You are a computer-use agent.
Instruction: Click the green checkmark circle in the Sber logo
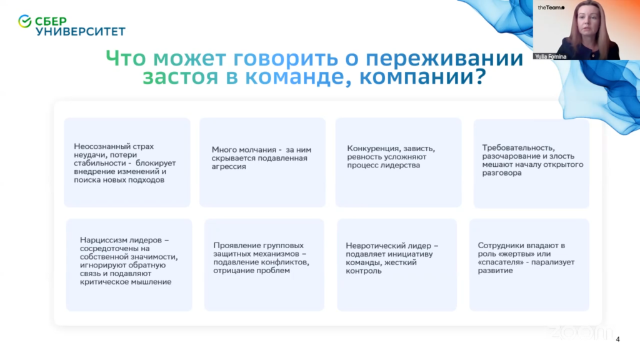(x=25, y=21)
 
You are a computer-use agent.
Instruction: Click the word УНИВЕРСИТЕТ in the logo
(x=81, y=31)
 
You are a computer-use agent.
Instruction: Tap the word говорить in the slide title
(x=286, y=58)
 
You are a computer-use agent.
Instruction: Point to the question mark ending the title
(x=479, y=76)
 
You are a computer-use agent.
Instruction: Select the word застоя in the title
(x=181, y=77)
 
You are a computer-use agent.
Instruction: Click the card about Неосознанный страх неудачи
(x=127, y=162)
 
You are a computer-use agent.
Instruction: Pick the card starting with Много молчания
(x=262, y=162)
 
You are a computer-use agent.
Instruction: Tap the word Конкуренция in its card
(x=372, y=149)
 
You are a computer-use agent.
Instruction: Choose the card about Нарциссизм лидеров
(x=129, y=265)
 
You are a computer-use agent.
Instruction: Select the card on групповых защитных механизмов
(x=264, y=265)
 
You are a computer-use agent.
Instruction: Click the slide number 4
(x=618, y=339)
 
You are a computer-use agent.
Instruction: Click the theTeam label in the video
(x=551, y=7)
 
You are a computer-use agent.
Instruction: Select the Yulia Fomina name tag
(x=551, y=57)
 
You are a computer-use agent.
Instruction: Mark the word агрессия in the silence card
(x=229, y=166)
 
